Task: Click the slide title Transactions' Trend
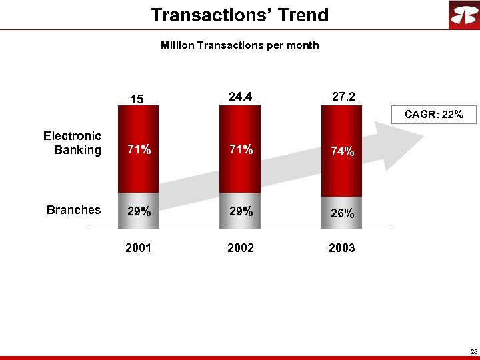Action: (x=239, y=15)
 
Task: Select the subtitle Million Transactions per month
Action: (x=239, y=45)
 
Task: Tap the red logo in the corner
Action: (x=463, y=15)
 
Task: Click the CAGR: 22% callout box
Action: (x=434, y=115)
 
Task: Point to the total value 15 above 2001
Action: (x=137, y=99)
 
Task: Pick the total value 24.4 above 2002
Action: (x=240, y=97)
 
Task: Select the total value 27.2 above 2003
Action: (x=343, y=97)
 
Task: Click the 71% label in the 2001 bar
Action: (x=139, y=150)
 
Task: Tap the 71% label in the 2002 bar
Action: (x=241, y=150)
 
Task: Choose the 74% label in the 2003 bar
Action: (x=342, y=151)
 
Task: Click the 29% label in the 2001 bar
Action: (x=139, y=211)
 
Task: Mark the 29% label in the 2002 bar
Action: (x=241, y=211)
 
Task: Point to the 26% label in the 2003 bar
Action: (x=342, y=214)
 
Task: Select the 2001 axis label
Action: (x=138, y=248)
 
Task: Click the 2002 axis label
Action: (x=241, y=248)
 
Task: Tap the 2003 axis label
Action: (x=342, y=248)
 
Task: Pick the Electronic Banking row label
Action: (x=72, y=143)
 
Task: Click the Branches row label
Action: (x=73, y=210)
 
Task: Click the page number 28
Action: (x=473, y=351)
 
